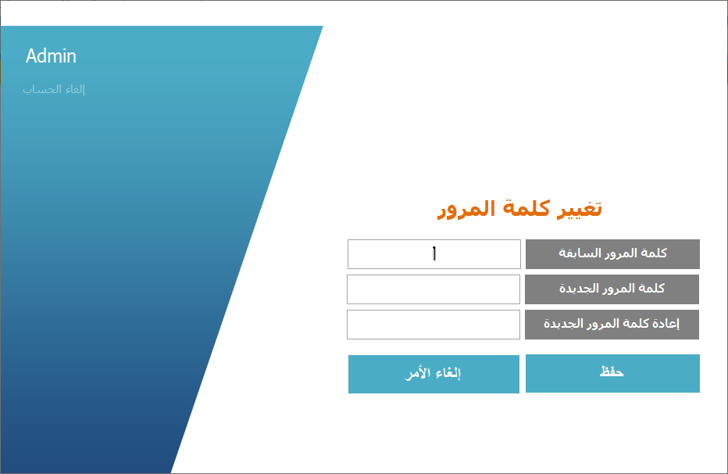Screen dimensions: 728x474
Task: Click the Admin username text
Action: coord(51,56)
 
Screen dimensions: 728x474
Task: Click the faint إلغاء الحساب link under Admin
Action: coord(54,89)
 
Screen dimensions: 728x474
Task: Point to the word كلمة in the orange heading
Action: coord(527,209)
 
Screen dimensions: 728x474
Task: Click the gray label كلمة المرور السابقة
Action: coord(612,253)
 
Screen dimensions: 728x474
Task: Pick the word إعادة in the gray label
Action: coord(666,324)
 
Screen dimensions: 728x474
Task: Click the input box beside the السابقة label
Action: coord(434,253)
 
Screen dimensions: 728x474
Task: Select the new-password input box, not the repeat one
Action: coord(434,289)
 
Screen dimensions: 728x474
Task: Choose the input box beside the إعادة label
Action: coord(434,325)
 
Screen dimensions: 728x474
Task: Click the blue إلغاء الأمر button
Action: coord(434,374)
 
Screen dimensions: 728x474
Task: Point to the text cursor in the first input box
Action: coord(434,253)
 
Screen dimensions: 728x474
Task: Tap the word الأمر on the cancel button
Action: coord(419,373)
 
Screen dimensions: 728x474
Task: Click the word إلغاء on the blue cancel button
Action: coord(448,373)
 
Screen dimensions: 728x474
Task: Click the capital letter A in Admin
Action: coord(31,56)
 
